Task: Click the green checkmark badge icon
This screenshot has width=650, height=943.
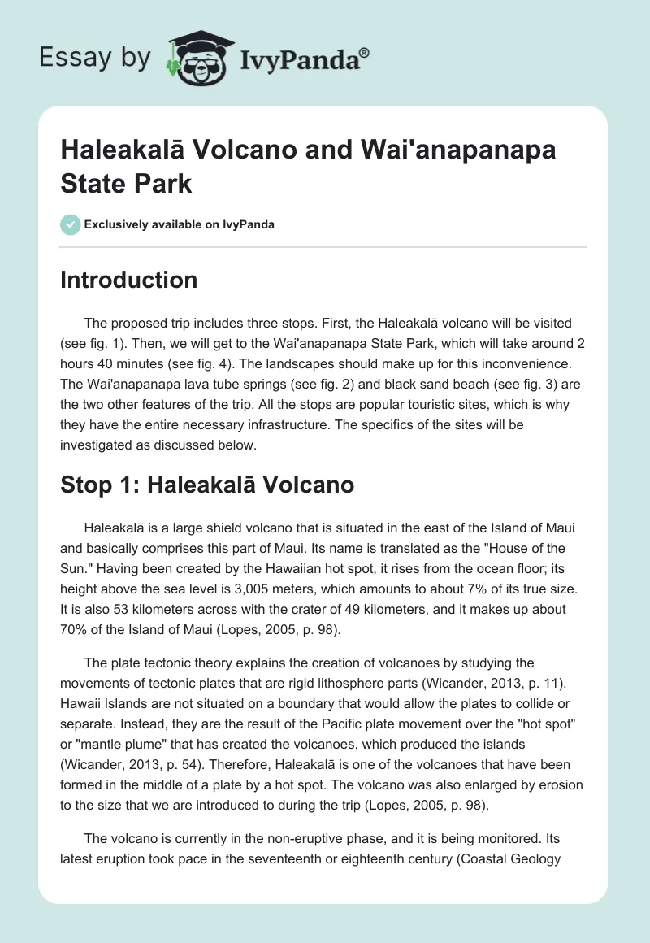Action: tap(70, 224)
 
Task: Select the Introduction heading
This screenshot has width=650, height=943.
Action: tap(129, 280)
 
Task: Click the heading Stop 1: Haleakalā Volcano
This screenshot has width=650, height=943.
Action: tap(207, 485)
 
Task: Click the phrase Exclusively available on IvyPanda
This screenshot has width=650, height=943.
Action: tap(179, 224)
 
